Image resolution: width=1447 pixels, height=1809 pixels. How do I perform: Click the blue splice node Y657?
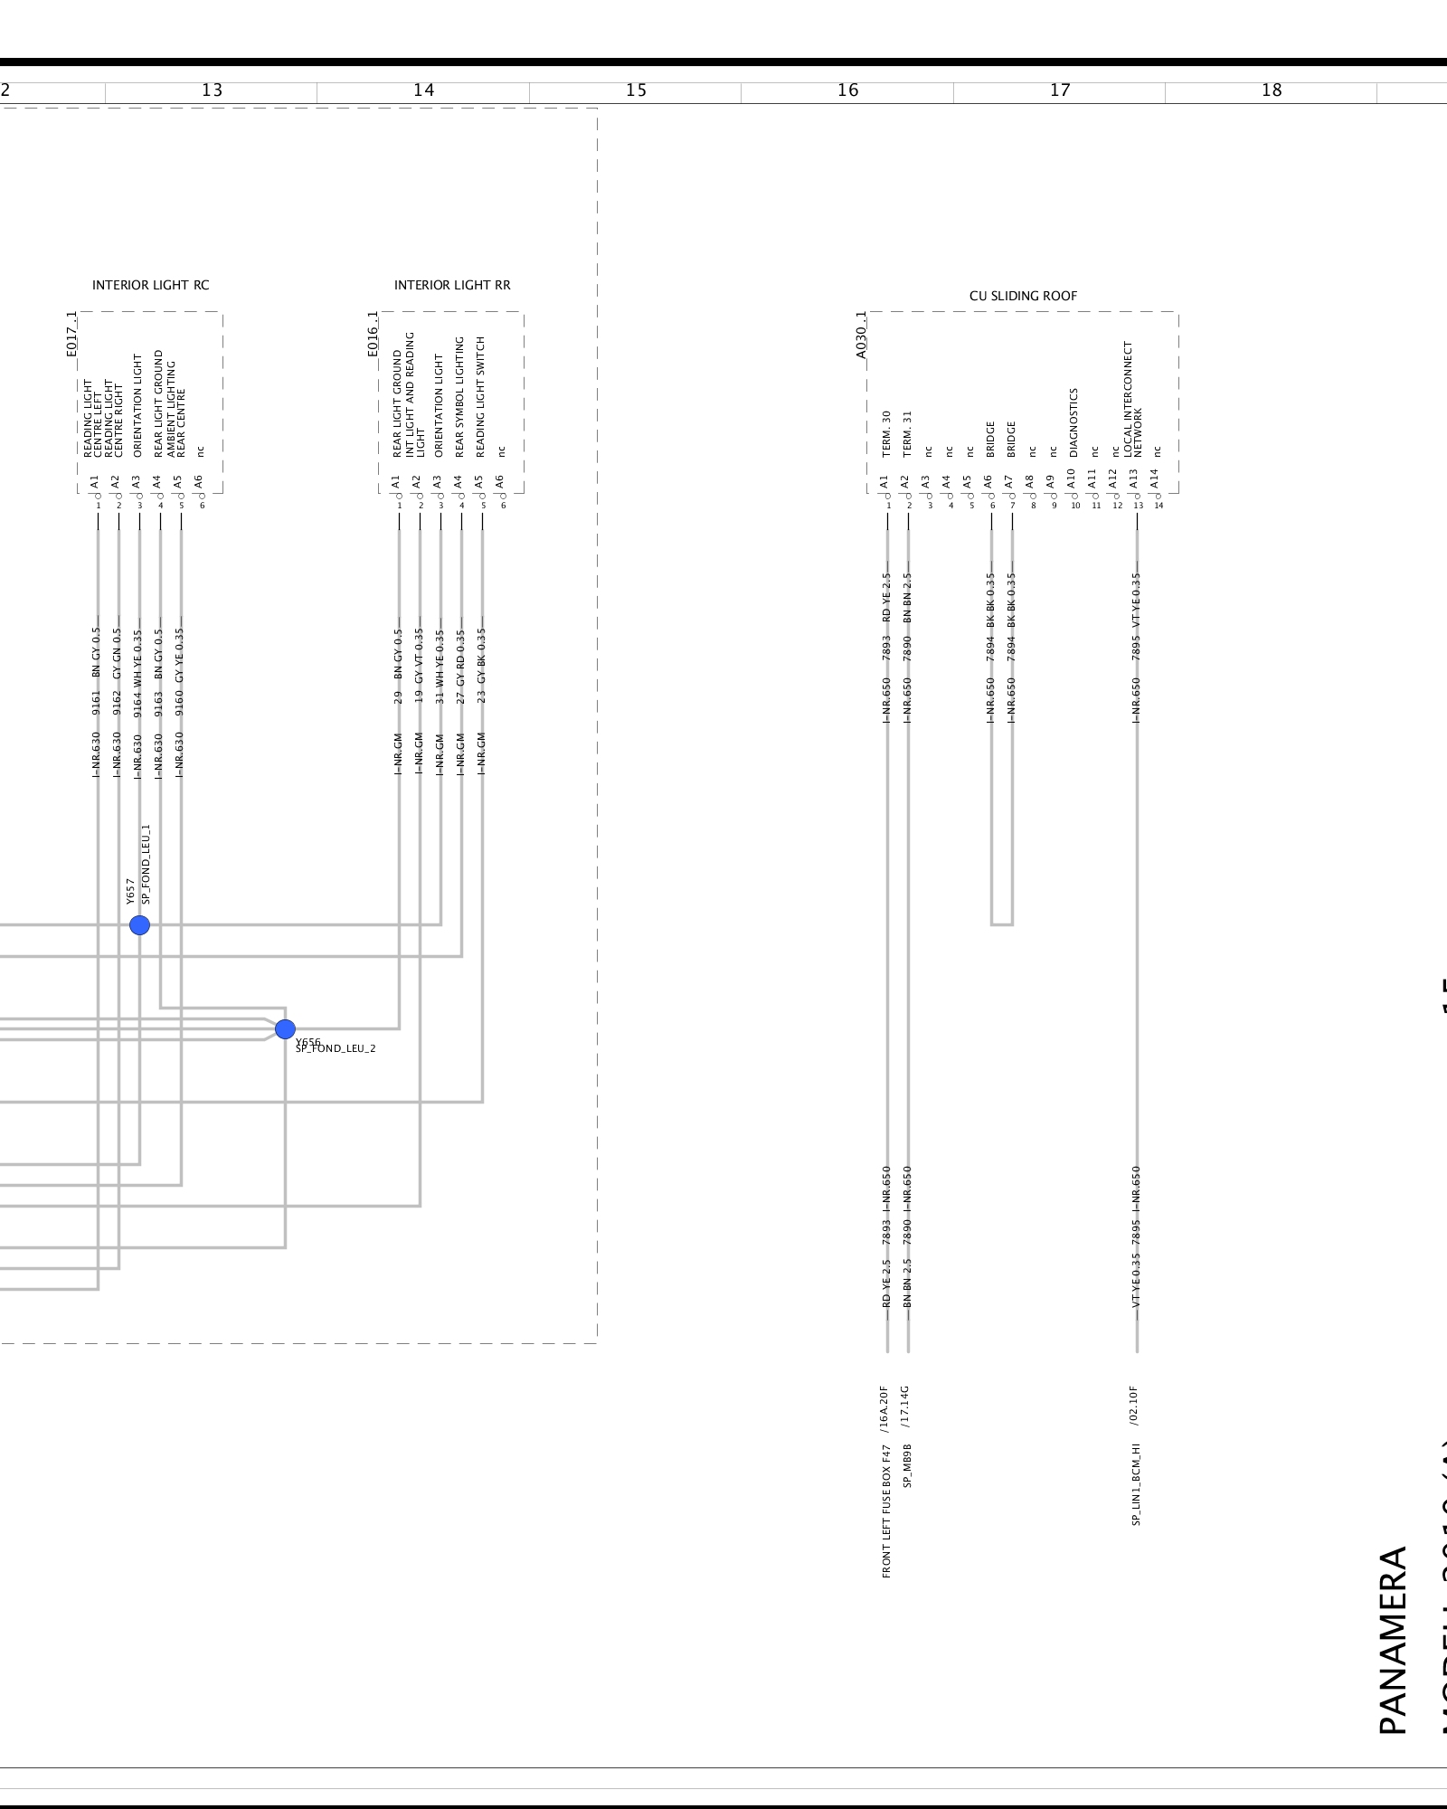[x=139, y=924]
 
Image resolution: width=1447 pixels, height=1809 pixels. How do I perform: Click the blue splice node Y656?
[x=285, y=1029]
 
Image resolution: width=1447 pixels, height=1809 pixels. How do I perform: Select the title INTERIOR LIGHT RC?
[x=150, y=285]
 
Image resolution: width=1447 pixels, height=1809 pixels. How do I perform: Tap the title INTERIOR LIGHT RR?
[x=452, y=285]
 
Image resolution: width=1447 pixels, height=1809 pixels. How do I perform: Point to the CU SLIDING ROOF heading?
[x=1023, y=296]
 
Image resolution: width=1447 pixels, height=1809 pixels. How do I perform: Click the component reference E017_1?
[x=72, y=334]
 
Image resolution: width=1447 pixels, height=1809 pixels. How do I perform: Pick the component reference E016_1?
[x=373, y=334]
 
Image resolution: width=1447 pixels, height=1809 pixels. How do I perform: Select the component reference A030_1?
[x=861, y=335]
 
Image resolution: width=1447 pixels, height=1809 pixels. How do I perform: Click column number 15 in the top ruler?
[x=636, y=90]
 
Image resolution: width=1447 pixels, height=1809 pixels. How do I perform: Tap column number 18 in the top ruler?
[x=1272, y=90]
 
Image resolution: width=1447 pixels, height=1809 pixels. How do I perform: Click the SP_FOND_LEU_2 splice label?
[x=336, y=1048]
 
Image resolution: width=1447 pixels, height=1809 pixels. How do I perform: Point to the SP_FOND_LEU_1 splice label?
[x=147, y=864]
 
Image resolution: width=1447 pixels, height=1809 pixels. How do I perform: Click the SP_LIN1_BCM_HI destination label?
[x=1136, y=1484]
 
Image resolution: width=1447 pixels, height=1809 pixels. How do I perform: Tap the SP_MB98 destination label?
[x=907, y=1465]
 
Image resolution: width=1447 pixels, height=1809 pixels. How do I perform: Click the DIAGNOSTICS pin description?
[x=1073, y=422]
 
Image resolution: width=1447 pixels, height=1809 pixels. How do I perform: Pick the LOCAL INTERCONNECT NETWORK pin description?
[x=1132, y=399]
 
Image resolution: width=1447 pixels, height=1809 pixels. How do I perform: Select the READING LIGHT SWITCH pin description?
[x=480, y=396]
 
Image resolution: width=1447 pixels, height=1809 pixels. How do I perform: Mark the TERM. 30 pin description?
[x=886, y=434]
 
